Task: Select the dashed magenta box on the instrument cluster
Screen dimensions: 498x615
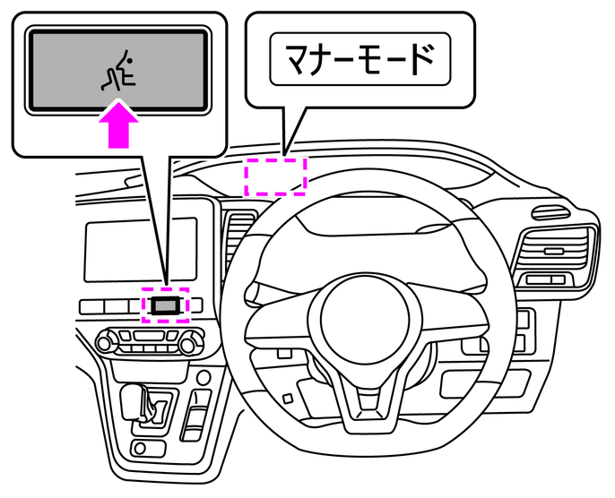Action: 276,176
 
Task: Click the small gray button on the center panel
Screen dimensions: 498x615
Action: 166,305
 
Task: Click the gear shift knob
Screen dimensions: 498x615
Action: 134,397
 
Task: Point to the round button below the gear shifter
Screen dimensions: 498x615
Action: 139,447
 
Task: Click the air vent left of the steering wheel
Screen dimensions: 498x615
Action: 235,242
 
